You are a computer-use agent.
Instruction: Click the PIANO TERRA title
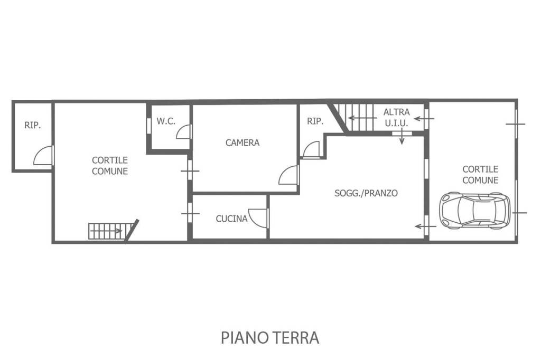270,338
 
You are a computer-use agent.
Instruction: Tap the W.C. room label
166,121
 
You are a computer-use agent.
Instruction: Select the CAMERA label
242,143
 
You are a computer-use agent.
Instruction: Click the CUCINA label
231,219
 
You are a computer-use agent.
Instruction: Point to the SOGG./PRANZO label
366,193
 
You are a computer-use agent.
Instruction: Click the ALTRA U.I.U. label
396,118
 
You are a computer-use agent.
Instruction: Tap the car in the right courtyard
475,210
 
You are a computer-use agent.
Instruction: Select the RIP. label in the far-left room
32,125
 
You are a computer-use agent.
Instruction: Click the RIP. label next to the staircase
315,121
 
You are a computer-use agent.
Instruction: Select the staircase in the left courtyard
113,231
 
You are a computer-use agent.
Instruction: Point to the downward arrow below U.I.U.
402,137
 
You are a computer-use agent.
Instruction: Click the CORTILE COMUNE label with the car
480,175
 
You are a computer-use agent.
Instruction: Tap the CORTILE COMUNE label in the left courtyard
110,166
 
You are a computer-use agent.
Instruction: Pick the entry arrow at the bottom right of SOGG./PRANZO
426,226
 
